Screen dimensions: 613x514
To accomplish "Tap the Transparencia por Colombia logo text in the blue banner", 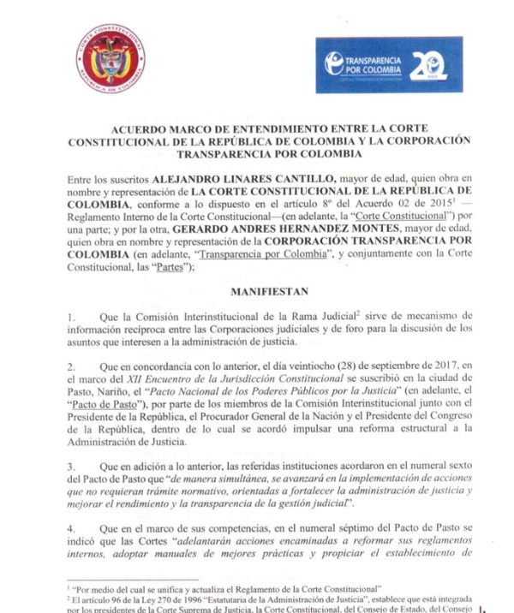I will pos(374,62).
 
